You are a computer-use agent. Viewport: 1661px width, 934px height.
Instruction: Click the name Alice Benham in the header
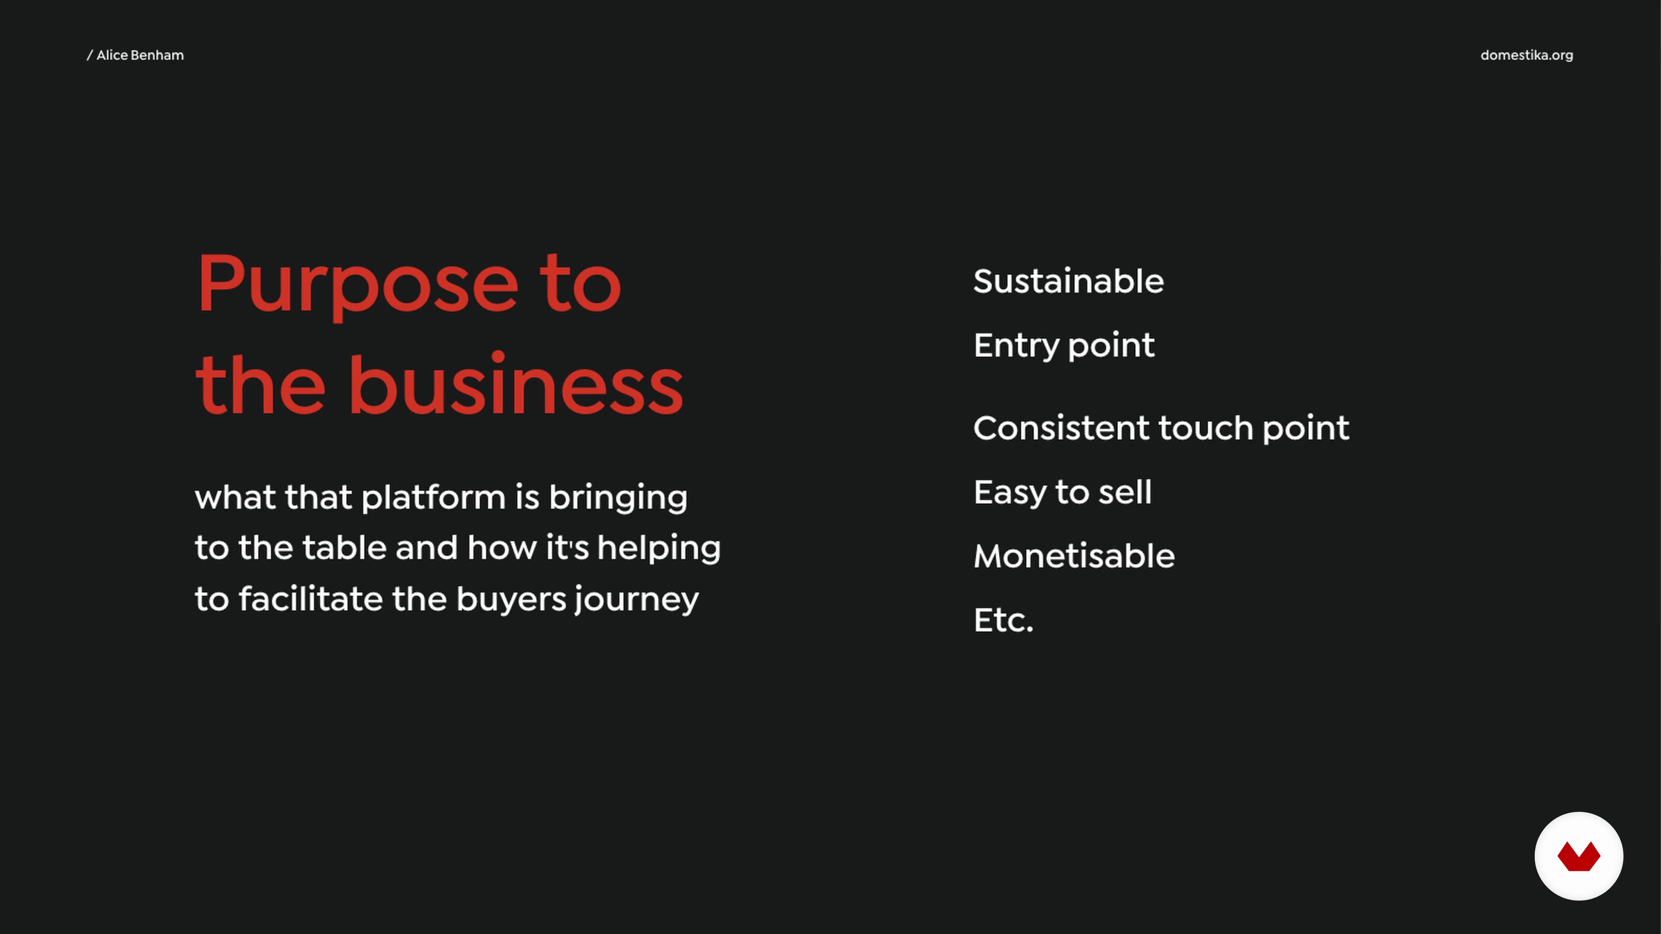click(140, 55)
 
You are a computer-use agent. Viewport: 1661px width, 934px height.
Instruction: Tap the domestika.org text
click(1526, 55)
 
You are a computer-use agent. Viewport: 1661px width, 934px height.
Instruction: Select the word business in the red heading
click(516, 385)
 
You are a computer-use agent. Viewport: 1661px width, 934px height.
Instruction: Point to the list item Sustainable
click(1068, 281)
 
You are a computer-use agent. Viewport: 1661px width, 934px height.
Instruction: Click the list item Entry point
click(1064, 346)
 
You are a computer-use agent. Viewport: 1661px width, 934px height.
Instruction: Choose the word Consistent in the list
click(1061, 428)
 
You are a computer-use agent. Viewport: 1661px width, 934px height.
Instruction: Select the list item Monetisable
click(1074, 556)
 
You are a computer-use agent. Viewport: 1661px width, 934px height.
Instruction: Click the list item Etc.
click(1004, 620)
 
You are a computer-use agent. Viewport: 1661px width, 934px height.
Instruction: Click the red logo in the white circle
click(1578, 857)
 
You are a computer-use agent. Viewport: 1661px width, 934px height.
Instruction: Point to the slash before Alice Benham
click(90, 55)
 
